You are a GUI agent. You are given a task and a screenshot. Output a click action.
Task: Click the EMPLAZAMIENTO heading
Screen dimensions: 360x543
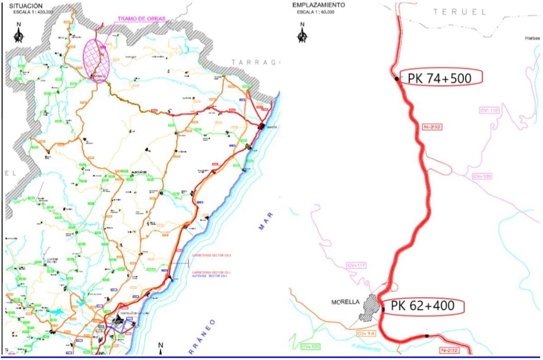[x=319, y=5]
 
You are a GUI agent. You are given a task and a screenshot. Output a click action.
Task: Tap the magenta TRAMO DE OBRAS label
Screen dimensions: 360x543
[x=141, y=19]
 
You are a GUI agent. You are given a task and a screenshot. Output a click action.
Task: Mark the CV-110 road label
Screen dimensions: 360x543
[x=489, y=110]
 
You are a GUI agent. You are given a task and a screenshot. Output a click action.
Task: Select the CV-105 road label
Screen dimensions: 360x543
[x=481, y=176]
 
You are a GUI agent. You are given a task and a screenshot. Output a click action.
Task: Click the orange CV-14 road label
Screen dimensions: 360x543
[x=365, y=333]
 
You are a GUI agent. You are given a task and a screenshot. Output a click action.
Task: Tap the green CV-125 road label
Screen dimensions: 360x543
[x=310, y=346]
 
